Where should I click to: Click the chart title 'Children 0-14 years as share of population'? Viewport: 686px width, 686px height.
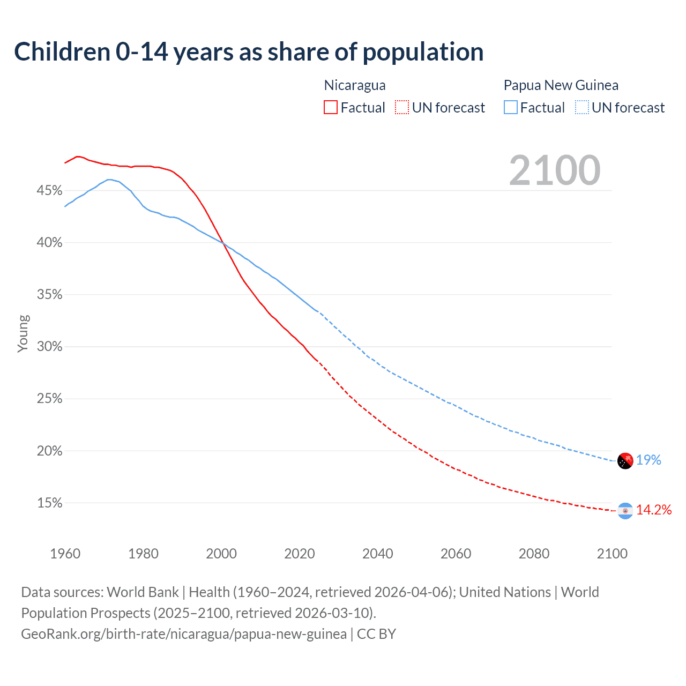tap(249, 52)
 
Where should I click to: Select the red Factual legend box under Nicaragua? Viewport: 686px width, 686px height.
tap(331, 107)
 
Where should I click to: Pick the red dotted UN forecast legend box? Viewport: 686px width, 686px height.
tap(402, 107)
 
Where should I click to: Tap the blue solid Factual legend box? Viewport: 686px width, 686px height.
tap(510, 107)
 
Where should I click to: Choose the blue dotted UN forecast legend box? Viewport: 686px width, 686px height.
tap(582, 107)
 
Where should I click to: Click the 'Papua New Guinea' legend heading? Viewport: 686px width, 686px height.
tap(561, 85)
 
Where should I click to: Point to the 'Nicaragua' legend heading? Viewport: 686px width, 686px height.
tap(355, 85)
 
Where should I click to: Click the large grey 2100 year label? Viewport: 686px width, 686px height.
tap(555, 170)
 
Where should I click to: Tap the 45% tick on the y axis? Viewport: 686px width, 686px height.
tap(49, 191)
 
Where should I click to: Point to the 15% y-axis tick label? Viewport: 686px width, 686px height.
tap(49, 503)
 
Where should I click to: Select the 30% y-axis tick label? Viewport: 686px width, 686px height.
tap(49, 347)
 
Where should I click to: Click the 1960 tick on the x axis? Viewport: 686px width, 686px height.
tap(65, 554)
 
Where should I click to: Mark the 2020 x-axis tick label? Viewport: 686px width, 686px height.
tap(300, 554)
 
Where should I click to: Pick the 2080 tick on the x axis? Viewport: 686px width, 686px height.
tap(534, 554)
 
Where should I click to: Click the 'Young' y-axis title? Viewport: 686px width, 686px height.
tap(23, 333)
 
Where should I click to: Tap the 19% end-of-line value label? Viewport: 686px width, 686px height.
tap(648, 460)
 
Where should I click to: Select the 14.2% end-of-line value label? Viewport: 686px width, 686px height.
tap(654, 510)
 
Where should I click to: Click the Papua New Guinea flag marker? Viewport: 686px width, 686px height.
tap(625, 460)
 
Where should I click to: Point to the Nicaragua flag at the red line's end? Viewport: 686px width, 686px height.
tap(625, 511)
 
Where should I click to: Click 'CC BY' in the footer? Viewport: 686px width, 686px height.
tap(376, 634)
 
